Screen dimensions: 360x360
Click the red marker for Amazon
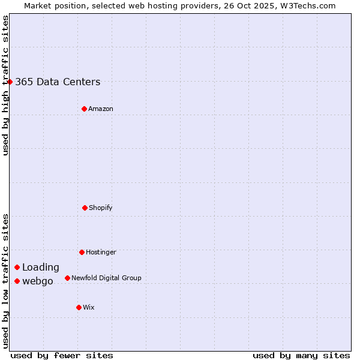click(x=84, y=109)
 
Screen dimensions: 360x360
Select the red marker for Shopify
click(x=85, y=208)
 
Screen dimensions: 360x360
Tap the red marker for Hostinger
click(x=82, y=252)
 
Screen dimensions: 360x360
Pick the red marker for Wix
click(x=79, y=307)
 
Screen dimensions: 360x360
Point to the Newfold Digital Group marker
click(x=67, y=278)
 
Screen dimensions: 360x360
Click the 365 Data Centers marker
click(x=10, y=82)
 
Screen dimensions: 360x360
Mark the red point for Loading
click(x=17, y=267)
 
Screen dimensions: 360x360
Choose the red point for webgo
click(x=17, y=281)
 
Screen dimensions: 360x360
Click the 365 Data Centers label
click(x=58, y=82)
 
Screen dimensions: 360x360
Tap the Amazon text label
click(x=101, y=109)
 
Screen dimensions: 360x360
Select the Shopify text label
click(x=101, y=208)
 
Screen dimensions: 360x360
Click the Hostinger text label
click(x=101, y=253)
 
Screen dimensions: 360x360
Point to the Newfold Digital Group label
click(x=106, y=278)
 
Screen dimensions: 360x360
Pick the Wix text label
click(x=89, y=308)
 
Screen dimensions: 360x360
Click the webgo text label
click(x=38, y=281)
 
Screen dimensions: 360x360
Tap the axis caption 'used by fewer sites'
click(x=62, y=355)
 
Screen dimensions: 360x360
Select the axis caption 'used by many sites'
click(x=301, y=355)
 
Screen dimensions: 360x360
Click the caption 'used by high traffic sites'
click(x=5, y=85)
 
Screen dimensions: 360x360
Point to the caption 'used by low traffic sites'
click(x=5, y=281)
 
